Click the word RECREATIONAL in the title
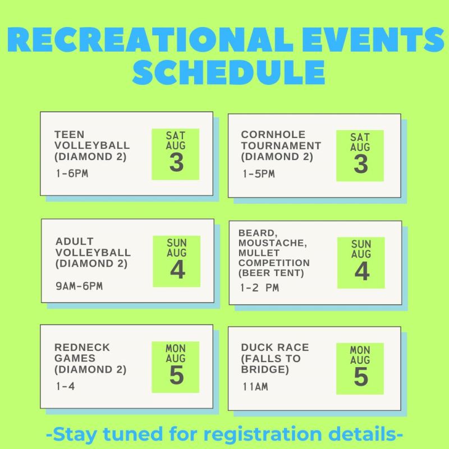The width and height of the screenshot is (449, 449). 150,39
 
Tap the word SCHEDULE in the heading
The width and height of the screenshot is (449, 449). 228,72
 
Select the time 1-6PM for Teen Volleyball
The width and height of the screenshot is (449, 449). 72,173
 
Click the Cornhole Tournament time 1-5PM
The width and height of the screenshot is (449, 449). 259,174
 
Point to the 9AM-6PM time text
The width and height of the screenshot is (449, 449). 79,286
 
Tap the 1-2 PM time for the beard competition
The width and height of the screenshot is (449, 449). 259,288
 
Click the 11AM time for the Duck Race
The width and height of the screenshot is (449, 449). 255,387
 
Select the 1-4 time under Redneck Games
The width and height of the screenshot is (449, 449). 65,386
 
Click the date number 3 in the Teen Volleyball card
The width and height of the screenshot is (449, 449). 176,163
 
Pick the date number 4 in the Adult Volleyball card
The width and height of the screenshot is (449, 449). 177,270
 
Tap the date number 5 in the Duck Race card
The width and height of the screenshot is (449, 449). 361,377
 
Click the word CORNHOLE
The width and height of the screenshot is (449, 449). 273,135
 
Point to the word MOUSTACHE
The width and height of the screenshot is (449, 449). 273,243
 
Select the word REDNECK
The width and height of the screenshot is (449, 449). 82,347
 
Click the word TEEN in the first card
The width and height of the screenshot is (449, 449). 69,134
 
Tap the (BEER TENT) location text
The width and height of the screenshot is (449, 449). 271,273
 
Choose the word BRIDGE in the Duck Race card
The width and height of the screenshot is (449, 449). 264,369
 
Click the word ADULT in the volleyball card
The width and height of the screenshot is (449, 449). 75,241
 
